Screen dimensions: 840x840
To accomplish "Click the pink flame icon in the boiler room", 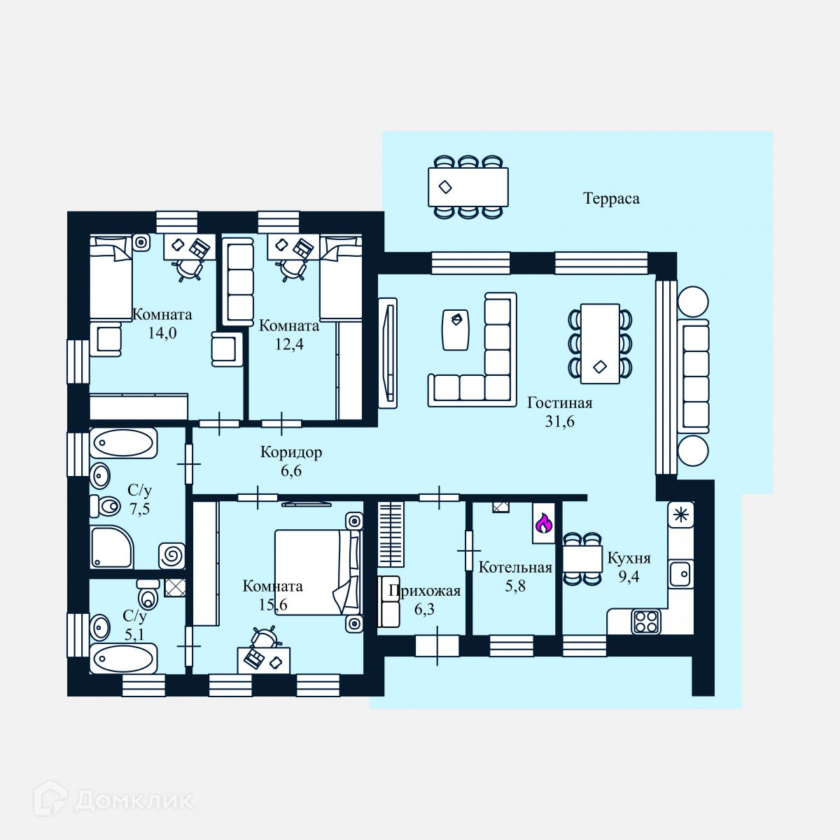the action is [x=544, y=523].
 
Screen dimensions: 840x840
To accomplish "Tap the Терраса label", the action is [x=611, y=199].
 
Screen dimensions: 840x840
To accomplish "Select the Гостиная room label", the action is [x=559, y=403].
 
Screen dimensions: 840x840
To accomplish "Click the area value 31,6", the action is [x=559, y=421].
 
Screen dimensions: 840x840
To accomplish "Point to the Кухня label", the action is [x=629, y=559].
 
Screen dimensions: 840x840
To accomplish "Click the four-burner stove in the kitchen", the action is [x=646, y=621].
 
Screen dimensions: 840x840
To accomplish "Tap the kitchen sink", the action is [x=680, y=573].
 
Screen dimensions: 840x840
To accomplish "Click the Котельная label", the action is [x=515, y=568].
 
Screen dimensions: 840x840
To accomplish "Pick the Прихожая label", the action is [x=424, y=591].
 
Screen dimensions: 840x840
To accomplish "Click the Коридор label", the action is [x=291, y=452].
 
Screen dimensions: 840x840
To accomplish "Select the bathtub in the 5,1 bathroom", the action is [x=123, y=659].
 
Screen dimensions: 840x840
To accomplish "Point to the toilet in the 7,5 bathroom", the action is [x=106, y=504].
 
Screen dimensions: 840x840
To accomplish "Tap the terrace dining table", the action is [x=468, y=187].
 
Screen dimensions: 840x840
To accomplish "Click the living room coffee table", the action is [x=455, y=329].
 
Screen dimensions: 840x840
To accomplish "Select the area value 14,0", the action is [x=162, y=333].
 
